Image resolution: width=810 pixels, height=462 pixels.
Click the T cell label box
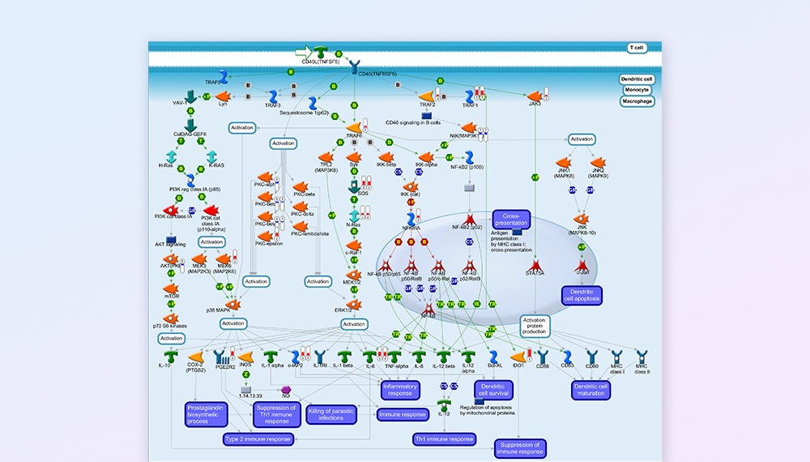pos(636,48)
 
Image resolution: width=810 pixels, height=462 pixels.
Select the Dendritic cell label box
pos(637,79)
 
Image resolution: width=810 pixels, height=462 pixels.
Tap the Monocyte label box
pos(637,90)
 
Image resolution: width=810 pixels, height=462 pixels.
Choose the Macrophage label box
pos(637,101)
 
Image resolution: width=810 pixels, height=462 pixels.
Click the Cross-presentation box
pos(511,220)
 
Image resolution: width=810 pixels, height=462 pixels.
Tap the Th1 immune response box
pos(443,438)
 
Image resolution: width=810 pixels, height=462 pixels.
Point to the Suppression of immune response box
pos(520,448)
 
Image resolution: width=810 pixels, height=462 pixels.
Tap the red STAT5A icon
pos(535,264)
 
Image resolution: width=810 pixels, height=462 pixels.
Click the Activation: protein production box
pos(535,324)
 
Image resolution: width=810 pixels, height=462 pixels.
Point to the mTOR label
pos(172,296)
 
